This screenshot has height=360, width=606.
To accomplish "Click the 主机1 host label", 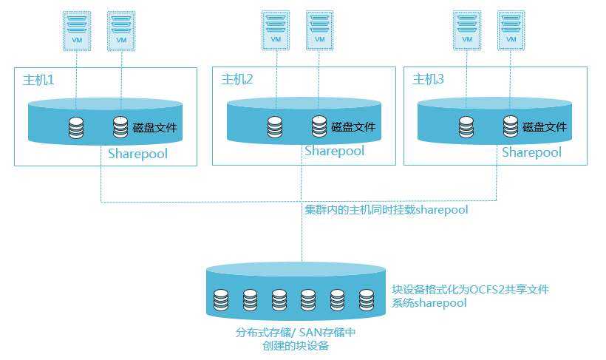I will [39, 79].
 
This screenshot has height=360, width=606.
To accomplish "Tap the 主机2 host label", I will [237, 79].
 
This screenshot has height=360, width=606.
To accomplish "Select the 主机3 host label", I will [428, 79].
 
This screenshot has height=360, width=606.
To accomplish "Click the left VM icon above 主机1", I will [77, 30].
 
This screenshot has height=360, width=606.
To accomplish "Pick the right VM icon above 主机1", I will [121, 30].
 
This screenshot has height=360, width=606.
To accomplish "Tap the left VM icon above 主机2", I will [275, 30].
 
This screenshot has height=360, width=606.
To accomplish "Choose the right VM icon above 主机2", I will [319, 30].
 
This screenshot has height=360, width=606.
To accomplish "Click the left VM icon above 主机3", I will [466, 30].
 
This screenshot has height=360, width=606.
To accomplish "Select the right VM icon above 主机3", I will [511, 30].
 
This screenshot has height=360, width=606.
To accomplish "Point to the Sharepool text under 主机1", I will [137, 154].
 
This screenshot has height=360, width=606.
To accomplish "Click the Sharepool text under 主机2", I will [335, 152].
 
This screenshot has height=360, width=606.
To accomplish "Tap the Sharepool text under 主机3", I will [531, 152].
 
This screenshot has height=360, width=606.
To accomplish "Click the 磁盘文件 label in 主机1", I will [155, 127].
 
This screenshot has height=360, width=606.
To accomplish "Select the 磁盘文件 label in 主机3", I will [545, 126].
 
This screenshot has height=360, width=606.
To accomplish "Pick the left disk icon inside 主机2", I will [275, 127].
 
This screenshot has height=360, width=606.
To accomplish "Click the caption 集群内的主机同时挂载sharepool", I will [387, 210].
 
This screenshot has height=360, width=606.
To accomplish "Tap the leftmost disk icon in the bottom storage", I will [220, 299].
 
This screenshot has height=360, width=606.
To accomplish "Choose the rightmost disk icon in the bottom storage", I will [367, 299].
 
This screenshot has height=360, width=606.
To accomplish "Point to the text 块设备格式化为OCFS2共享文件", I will [470, 290].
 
